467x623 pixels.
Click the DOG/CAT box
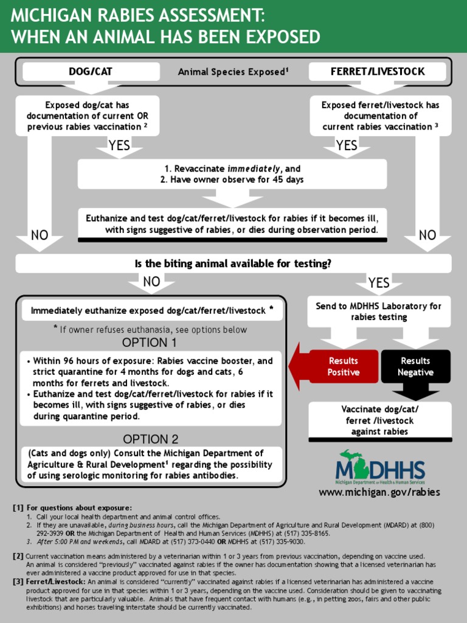pyautogui.click(x=91, y=72)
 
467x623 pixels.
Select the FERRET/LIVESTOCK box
pyautogui.click(x=377, y=72)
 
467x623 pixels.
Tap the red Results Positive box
pyautogui.click(x=343, y=366)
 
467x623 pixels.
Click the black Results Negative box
pyautogui.click(x=415, y=366)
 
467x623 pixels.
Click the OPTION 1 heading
pyautogui.click(x=150, y=342)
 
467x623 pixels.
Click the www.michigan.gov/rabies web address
pyautogui.click(x=379, y=492)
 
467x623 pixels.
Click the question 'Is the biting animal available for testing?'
pyautogui.click(x=233, y=263)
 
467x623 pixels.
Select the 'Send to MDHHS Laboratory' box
pyautogui.click(x=378, y=311)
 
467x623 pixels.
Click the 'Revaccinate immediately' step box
pyautogui.click(x=232, y=174)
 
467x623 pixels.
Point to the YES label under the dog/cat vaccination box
pyautogui.click(x=119, y=145)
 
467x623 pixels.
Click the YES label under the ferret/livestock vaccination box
pyautogui.click(x=347, y=145)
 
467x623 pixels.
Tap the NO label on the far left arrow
pyautogui.click(x=40, y=235)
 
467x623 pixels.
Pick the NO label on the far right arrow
pyautogui.click(x=427, y=235)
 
